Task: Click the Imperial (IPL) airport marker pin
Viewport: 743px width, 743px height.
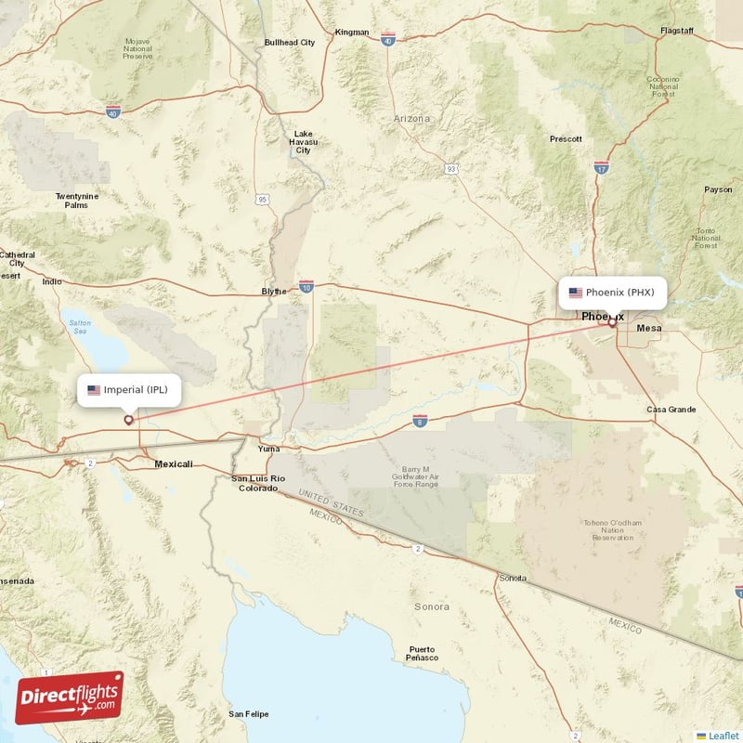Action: (128, 420)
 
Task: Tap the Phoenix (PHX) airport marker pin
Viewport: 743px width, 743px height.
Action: (612, 323)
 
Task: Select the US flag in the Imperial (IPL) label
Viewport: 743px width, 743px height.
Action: (94, 390)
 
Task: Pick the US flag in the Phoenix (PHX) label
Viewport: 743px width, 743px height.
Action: (576, 293)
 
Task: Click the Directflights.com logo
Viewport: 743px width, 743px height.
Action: (69, 697)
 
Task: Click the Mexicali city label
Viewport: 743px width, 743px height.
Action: (174, 463)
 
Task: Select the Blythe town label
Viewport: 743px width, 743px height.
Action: (274, 291)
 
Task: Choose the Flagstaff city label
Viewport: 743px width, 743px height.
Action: (676, 31)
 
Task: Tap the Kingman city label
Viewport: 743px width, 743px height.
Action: (352, 33)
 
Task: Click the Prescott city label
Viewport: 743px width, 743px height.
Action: (566, 139)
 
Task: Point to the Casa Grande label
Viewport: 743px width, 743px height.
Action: (671, 410)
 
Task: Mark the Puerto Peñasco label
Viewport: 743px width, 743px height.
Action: (422, 653)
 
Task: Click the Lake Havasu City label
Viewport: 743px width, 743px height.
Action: (304, 141)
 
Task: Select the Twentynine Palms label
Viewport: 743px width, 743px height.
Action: (77, 201)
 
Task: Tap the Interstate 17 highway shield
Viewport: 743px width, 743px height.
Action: (601, 167)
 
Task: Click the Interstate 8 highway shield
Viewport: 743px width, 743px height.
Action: (420, 422)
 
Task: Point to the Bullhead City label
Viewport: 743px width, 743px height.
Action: (290, 43)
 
